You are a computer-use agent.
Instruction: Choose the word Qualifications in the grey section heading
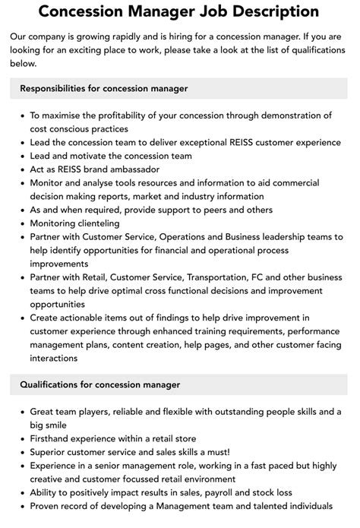coord(55,385)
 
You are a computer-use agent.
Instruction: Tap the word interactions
coord(55,359)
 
